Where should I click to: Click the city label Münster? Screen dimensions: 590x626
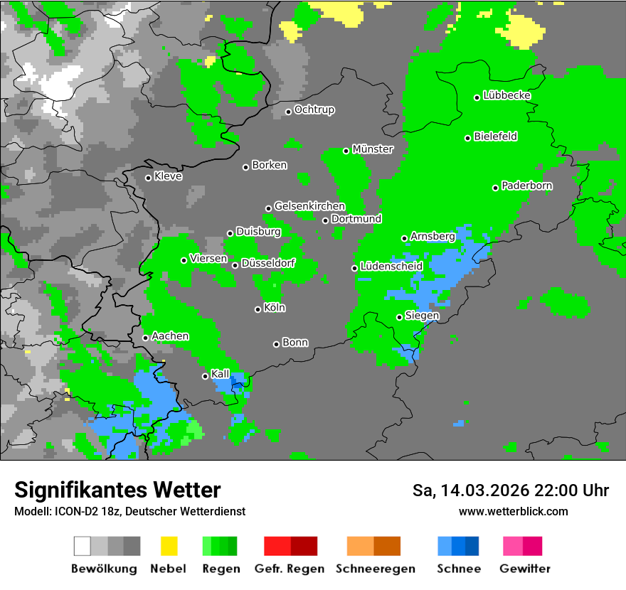[x=373, y=149]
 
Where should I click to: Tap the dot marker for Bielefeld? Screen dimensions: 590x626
[x=468, y=138]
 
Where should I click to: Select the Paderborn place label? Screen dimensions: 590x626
[x=527, y=186]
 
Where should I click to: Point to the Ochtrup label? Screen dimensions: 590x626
[x=314, y=109]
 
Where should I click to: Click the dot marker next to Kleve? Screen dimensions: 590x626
[x=148, y=178]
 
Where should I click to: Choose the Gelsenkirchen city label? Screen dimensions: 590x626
[x=309, y=206]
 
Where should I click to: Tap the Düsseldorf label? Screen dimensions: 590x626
[x=268, y=263]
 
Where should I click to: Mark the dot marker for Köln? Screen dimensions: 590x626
[x=258, y=309]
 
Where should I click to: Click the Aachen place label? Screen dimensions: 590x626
[x=170, y=336]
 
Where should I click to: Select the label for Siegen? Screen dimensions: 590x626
[x=422, y=315]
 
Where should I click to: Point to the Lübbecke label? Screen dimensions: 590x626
[x=506, y=95]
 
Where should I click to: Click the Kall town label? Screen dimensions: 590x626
[x=221, y=373]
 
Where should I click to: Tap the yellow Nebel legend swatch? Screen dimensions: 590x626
[x=169, y=546]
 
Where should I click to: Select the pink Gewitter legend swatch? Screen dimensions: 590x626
[x=512, y=546]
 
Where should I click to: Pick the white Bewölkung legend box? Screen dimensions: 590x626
[x=83, y=546]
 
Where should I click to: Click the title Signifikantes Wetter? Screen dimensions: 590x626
[x=117, y=490]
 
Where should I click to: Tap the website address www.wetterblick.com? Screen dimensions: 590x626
[x=514, y=511]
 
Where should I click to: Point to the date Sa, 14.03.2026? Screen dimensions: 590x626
[x=460, y=490]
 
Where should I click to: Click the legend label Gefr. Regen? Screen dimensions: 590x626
[x=290, y=569]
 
